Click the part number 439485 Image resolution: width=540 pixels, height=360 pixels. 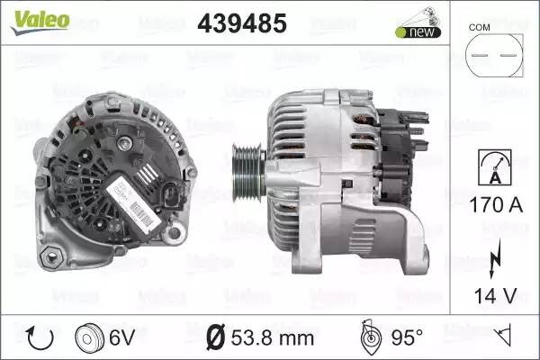click(x=240, y=24)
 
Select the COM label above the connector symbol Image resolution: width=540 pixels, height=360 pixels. click(x=480, y=27)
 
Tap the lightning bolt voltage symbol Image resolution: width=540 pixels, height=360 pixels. click(x=491, y=261)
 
